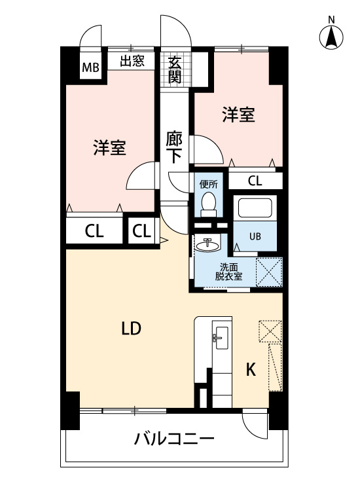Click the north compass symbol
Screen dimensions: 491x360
coord(332,38)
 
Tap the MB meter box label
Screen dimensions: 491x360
coord(90,67)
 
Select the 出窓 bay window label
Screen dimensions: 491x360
coord(132,62)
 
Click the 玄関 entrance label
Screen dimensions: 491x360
coord(174,69)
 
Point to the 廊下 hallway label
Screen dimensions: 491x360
coord(173,147)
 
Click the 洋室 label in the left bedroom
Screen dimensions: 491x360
coord(109,148)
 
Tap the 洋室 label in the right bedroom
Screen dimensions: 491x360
coord(238,115)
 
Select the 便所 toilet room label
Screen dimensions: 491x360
coord(208,185)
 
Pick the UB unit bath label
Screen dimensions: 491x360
coord(255,235)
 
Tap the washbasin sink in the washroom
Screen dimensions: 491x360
coord(208,245)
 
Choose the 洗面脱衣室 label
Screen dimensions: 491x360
coord(229,271)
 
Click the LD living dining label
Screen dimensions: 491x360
coord(131,329)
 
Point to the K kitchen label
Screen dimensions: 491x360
coord(250,369)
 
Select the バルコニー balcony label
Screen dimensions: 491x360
coord(174,438)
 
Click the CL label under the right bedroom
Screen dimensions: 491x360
coord(255,181)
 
